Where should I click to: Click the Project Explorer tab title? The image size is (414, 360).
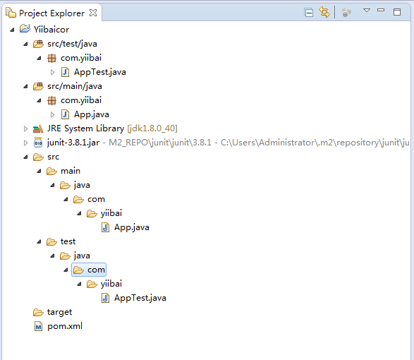point(51,13)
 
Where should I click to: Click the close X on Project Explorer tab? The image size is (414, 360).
point(93,13)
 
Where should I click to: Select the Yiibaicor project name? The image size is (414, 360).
point(51,30)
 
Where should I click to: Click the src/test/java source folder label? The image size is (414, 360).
point(72,44)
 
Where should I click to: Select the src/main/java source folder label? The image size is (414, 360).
point(75,86)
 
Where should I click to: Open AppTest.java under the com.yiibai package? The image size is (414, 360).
point(100,72)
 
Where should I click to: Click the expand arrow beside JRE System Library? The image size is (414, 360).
point(25,128)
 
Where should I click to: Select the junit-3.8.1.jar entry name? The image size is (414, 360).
point(73,143)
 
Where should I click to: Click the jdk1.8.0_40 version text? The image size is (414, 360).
point(152,128)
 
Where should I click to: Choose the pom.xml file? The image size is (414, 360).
point(65,326)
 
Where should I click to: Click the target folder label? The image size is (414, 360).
point(59,312)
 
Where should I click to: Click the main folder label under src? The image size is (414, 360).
point(71,171)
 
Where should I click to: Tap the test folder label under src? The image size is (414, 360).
point(68,241)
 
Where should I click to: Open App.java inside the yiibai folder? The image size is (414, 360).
point(131,227)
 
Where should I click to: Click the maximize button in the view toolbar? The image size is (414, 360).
point(397,12)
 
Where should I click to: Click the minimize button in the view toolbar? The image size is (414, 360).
point(381,11)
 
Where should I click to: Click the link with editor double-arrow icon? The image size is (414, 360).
point(324,12)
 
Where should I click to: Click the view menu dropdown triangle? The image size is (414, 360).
point(367,11)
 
